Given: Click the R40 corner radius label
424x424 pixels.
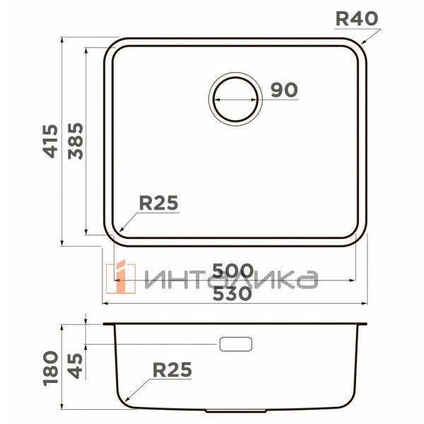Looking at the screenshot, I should pos(357,18).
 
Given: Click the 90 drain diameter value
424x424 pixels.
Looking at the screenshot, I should pos(284,90).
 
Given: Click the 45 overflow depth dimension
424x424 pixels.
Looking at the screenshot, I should pos(76,365).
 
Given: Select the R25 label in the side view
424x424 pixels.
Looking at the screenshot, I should pos(172,369).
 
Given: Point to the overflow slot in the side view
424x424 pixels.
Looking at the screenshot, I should pos(236,344).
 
